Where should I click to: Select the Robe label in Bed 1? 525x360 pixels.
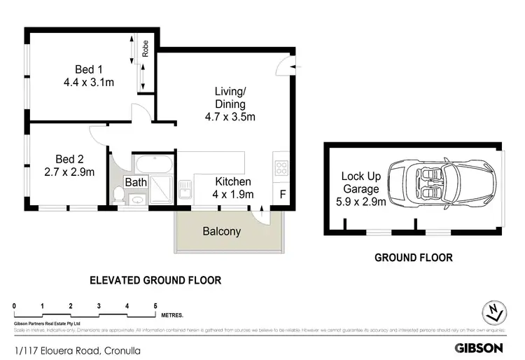[146, 48]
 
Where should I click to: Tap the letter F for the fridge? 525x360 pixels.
[283, 194]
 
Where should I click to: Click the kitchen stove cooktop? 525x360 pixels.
[281, 168]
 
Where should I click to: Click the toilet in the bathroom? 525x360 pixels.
[118, 195]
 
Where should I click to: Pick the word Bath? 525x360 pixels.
[136, 183]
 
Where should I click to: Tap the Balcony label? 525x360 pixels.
[221, 231]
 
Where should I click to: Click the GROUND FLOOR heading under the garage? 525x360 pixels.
[413, 258]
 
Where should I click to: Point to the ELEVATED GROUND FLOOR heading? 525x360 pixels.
[155, 280]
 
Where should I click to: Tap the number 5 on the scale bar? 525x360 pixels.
[155, 306]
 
